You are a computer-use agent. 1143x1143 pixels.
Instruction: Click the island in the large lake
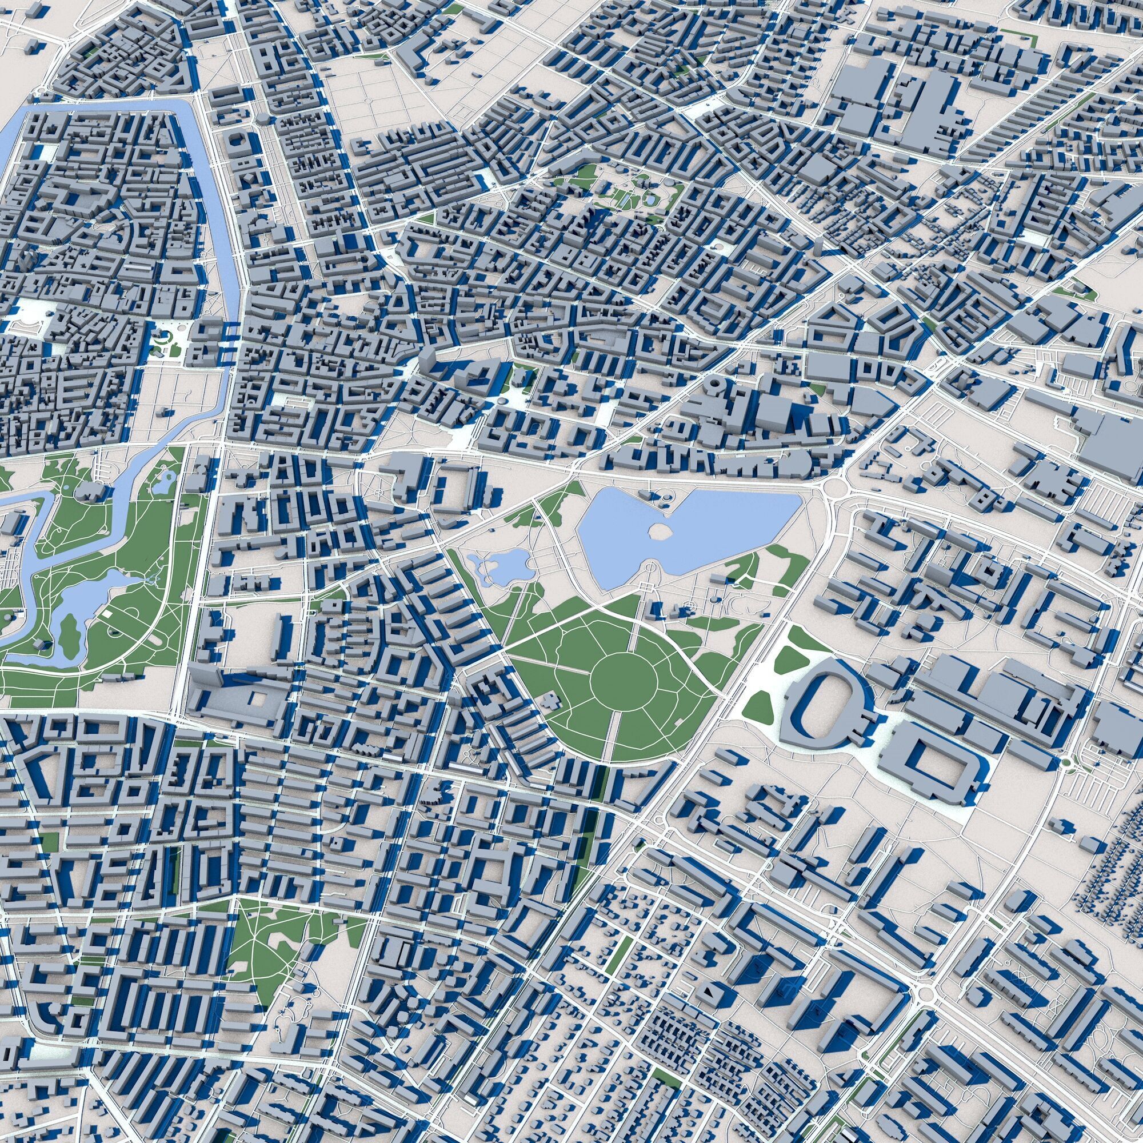tap(661, 532)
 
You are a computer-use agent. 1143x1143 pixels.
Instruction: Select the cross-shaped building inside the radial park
tap(550, 702)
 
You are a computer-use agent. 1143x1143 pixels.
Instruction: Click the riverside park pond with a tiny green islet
tap(161, 483)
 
